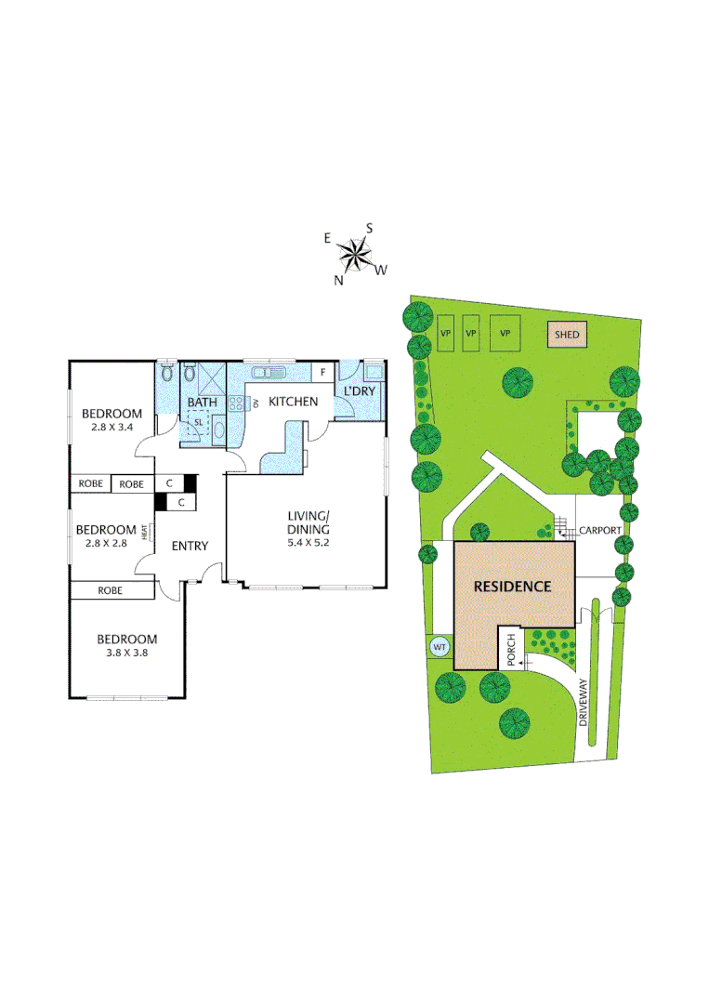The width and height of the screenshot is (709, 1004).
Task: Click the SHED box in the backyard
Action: (567, 335)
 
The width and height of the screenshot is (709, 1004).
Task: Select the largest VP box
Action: (505, 334)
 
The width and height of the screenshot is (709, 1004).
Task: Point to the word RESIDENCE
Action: (513, 587)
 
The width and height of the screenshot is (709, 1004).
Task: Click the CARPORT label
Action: (600, 531)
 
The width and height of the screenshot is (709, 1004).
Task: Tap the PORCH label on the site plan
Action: (511, 650)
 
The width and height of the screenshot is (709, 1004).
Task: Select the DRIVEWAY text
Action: (584, 702)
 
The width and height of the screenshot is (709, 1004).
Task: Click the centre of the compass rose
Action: (355, 252)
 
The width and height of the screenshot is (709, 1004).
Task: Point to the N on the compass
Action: (340, 281)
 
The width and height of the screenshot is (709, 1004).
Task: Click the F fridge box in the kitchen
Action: (322, 372)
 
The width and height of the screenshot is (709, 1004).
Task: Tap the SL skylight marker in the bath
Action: (197, 421)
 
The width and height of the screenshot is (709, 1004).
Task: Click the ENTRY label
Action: (190, 546)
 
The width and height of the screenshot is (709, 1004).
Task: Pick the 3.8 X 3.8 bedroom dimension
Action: (126, 653)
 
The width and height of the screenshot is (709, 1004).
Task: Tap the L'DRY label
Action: (359, 391)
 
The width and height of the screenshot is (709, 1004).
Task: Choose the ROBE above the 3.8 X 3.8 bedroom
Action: (111, 590)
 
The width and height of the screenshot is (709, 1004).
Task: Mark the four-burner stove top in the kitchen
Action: (235, 403)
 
